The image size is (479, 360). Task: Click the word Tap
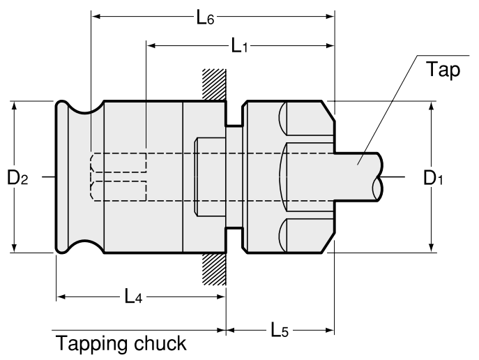(444, 71)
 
